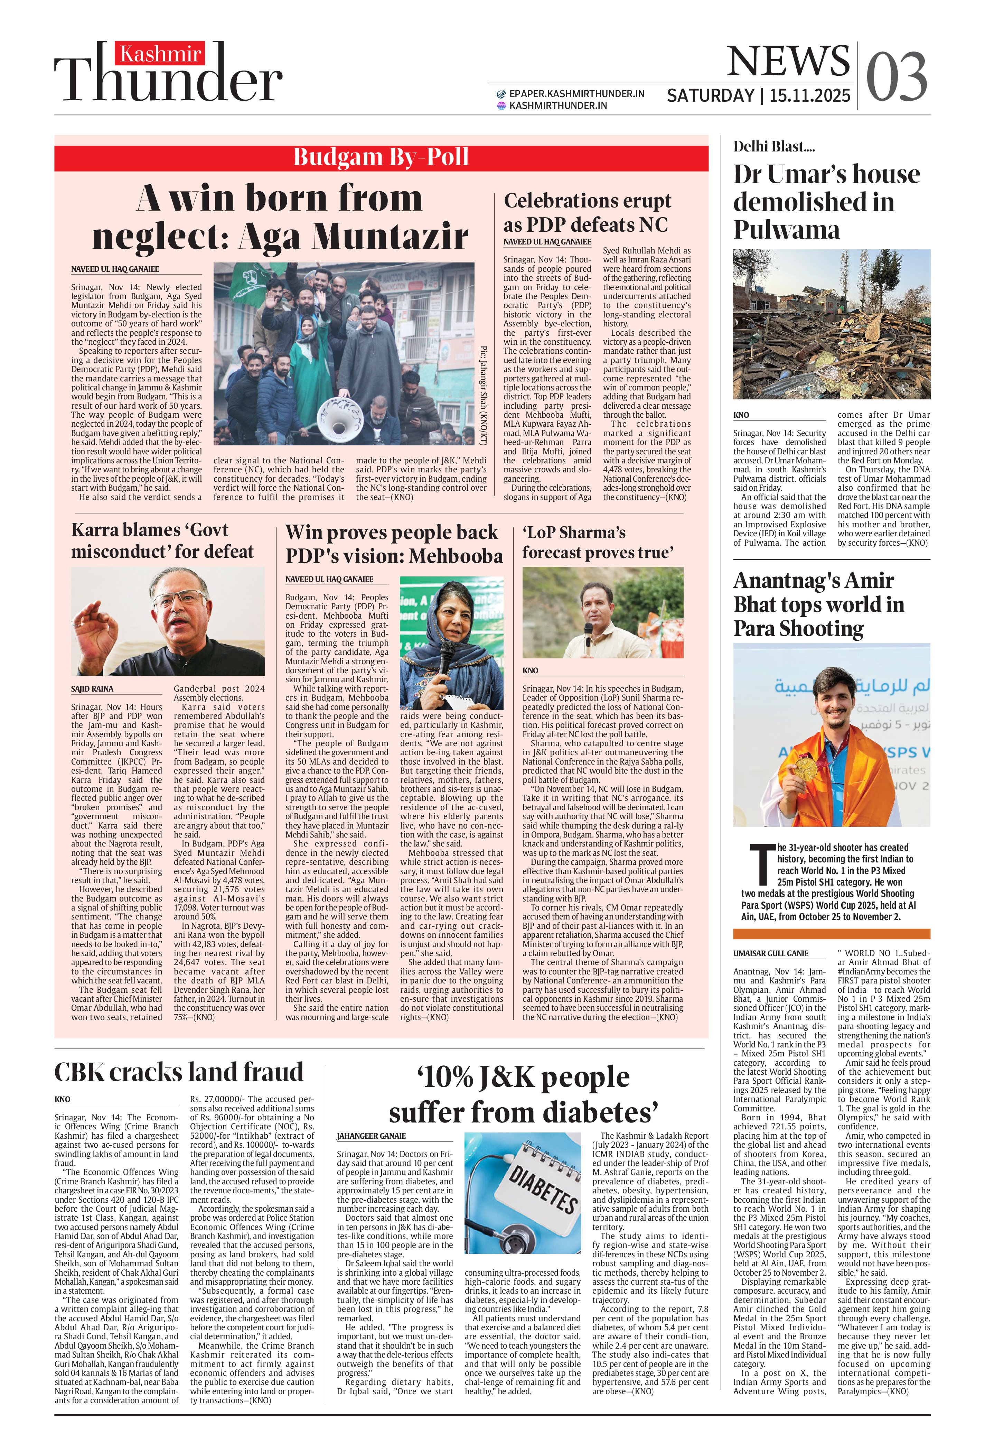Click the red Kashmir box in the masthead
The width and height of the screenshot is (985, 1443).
click(160, 55)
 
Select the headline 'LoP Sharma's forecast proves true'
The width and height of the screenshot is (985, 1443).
click(598, 542)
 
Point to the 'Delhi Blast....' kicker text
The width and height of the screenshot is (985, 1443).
click(774, 147)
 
